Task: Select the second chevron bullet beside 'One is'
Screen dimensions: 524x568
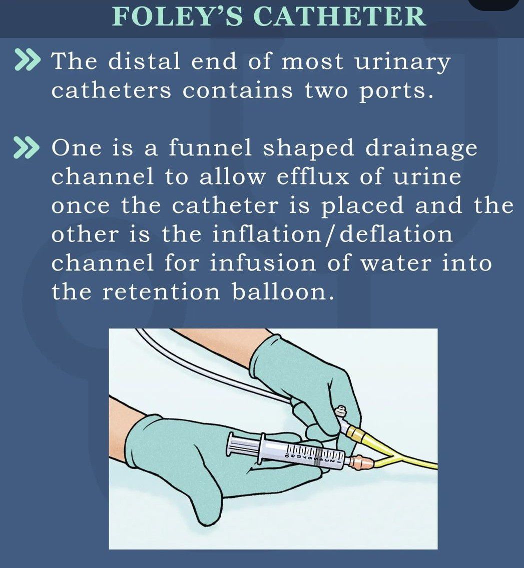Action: click(x=26, y=148)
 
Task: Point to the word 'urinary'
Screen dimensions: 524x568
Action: click(x=402, y=63)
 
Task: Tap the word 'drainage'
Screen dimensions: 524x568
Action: click(x=421, y=149)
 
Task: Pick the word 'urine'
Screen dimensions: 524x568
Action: click(x=427, y=177)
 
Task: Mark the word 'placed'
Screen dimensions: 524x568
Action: click(x=362, y=206)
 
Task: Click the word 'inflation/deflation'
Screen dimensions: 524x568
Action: click(x=332, y=234)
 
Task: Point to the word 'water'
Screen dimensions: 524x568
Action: click(x=395, y=263)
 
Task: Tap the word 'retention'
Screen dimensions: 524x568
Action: click(x=161, y=292)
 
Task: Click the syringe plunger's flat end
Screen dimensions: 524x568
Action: click(x=230, y=444)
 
